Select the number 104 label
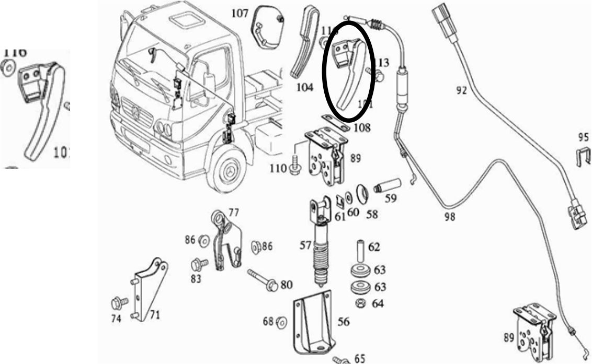point(304,87)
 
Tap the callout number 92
point(460,90)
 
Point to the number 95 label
point(583,138)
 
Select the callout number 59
point(390,198)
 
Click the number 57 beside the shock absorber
point(305,244)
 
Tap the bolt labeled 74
point(117,303)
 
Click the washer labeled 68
point(281,322)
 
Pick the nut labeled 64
point(360,303)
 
